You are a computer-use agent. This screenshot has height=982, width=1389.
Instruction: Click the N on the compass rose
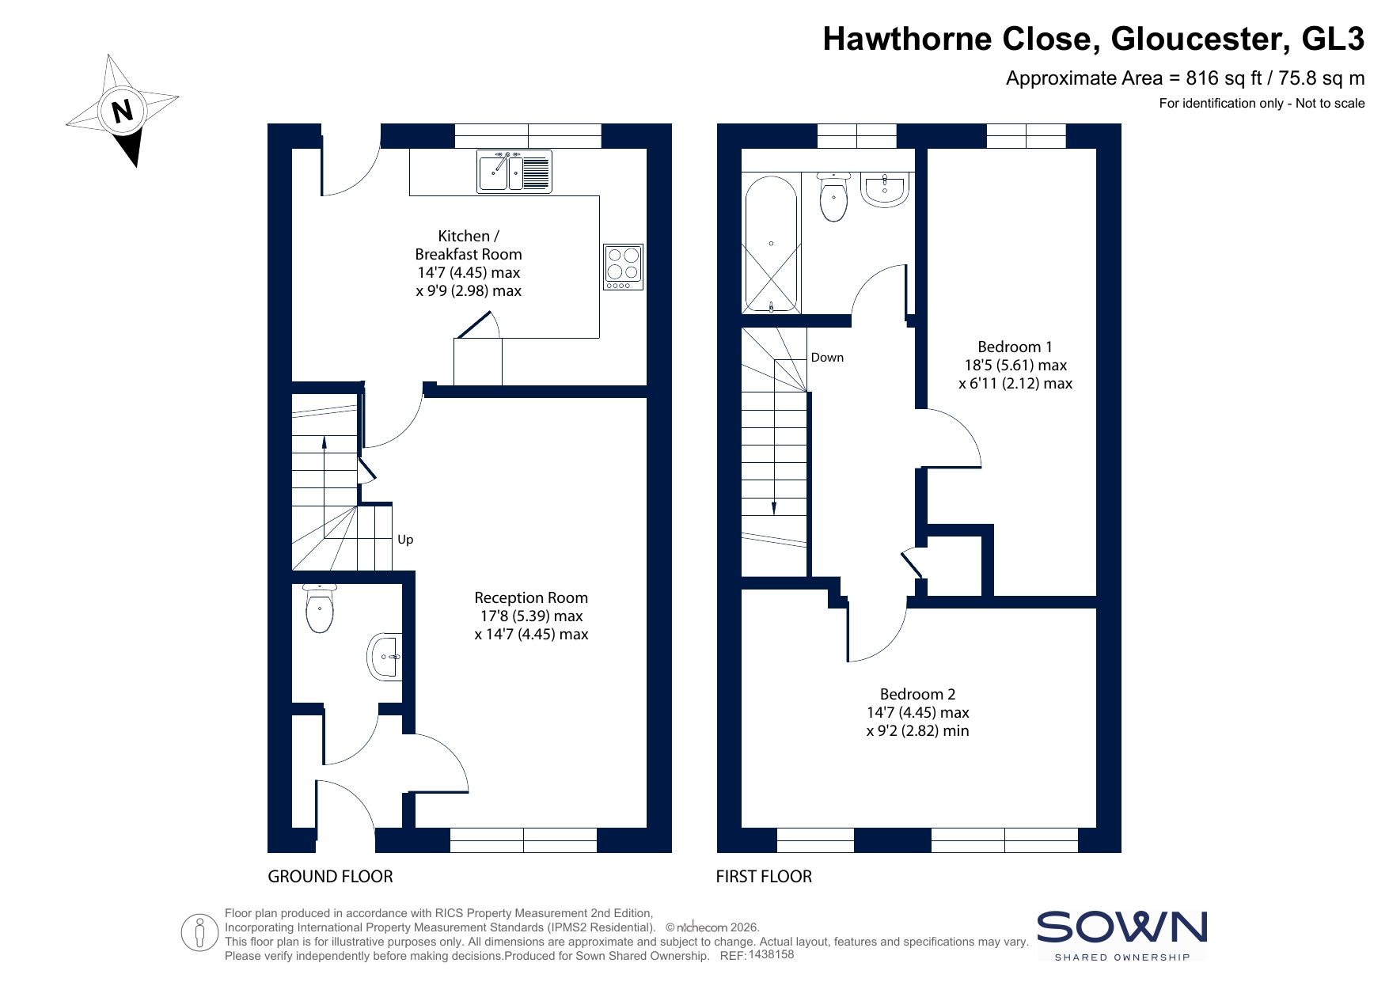[x=122, y=112]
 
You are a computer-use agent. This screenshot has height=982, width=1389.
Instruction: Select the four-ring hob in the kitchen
[x=623, y=267]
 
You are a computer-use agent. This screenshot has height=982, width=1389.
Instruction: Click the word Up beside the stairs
[x=405, y=540]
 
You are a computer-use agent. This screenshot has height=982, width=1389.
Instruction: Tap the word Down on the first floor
[x=827, y=358]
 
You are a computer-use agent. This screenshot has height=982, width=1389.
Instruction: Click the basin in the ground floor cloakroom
[x=384, y=656]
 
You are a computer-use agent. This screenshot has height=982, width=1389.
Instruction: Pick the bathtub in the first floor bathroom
[x=771, y=245]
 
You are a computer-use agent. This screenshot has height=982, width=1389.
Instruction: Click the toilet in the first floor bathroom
[x=834, y=196]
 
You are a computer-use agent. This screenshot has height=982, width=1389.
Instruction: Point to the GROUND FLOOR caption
[x=330, y=877]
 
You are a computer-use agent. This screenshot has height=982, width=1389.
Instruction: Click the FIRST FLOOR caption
[x=764, y=877]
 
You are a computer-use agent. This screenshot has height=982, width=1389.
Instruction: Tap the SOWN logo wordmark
[x=1121, y=927]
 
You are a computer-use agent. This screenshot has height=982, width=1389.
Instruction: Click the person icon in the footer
[x=199, y=933]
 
